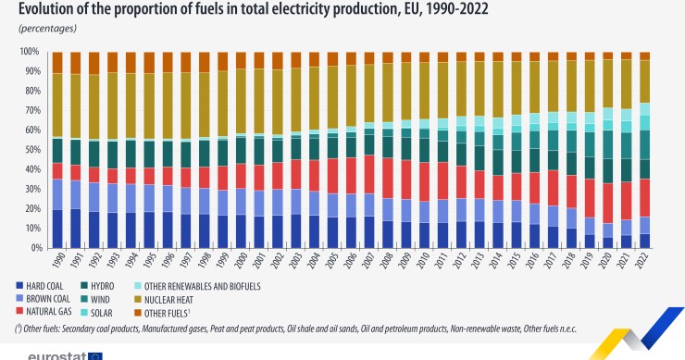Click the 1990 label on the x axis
coord(57,262)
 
